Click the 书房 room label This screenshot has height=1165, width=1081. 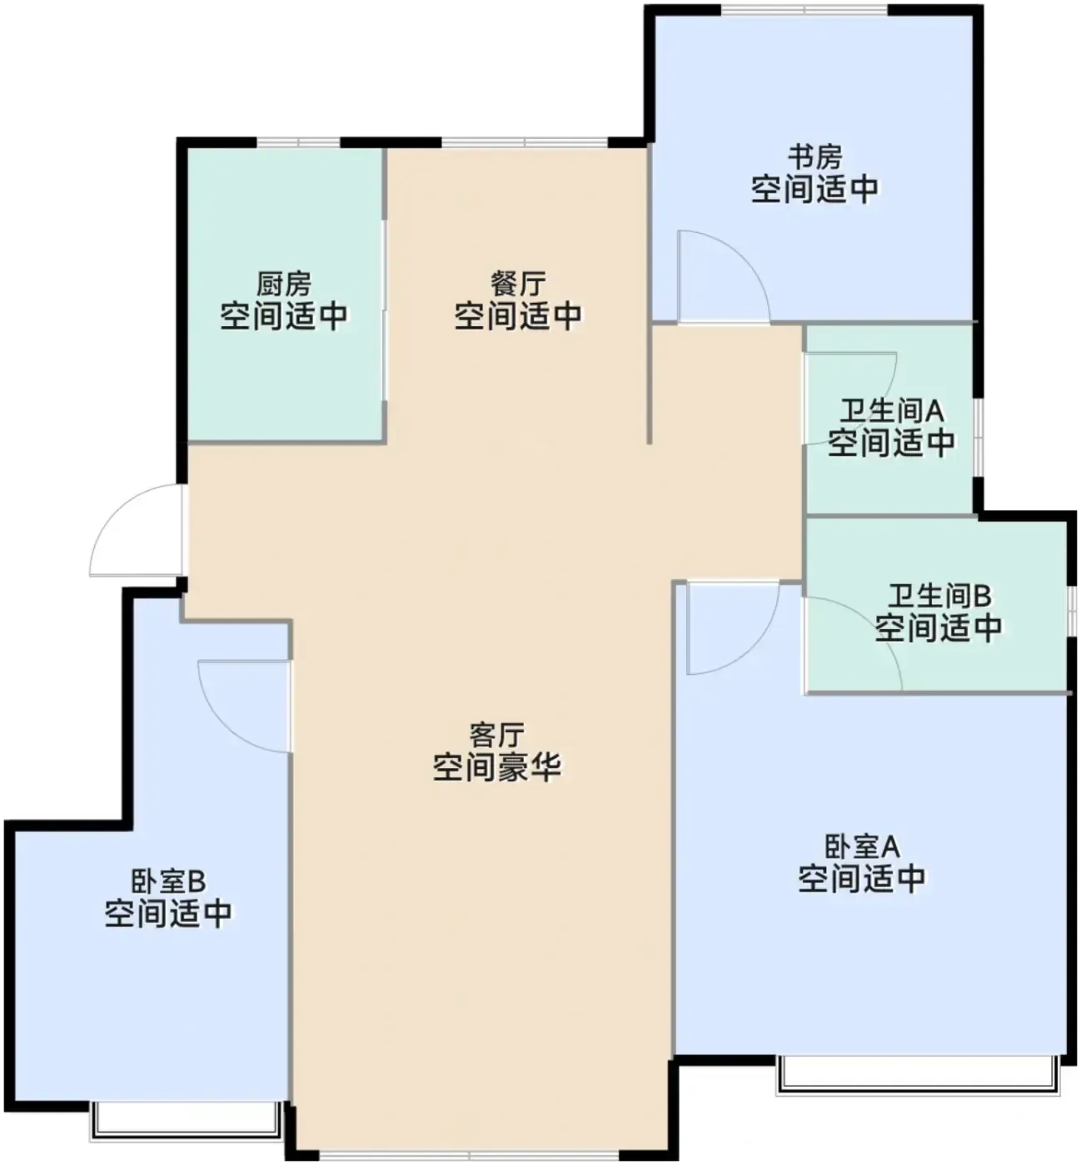[x=815, y=156]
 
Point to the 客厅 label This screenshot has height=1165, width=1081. [x=496, y=735]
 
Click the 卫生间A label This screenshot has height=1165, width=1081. [x=892, y=410]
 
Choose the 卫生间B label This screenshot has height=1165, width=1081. [x=939, y=596]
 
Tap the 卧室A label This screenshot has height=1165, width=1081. [x=862, y=846]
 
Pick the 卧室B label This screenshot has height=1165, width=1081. [x=168, y=881]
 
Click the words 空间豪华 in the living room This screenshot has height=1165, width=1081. [x=496, y=766]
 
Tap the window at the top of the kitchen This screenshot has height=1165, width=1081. [x=298, y=142]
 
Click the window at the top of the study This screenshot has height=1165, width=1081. [x=804, y=10]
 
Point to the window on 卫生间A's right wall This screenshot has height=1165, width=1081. [x=977, y=438]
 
